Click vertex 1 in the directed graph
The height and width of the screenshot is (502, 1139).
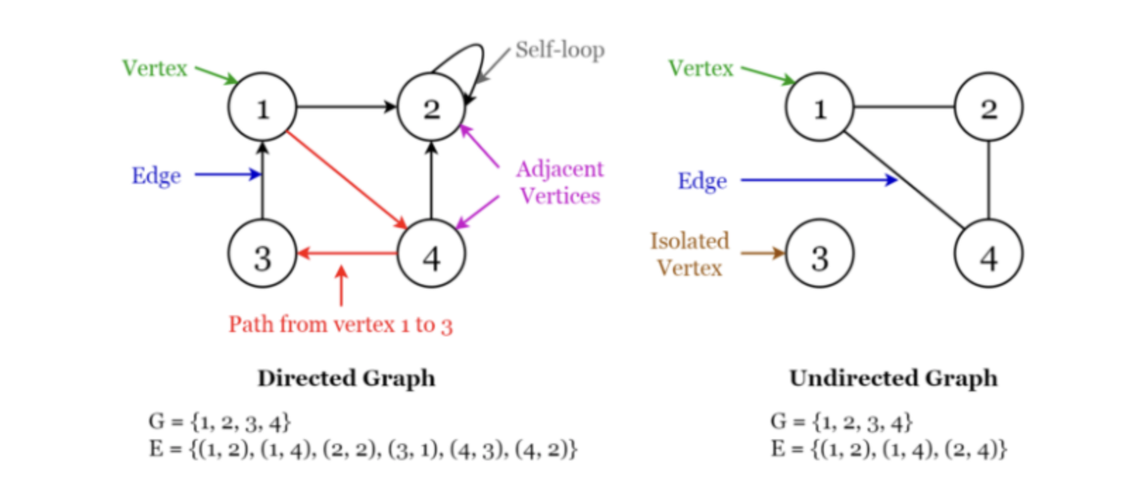pyautogui.click(x=262, y=107)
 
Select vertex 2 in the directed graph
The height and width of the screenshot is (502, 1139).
pyautogui.click(x=431, y=107)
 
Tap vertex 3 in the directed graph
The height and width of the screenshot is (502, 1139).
pyautogui.click(x=262, y=255)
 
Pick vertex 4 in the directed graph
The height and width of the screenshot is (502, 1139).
pyautogui.click(x=431, y=255)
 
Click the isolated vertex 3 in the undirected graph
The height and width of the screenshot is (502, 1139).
pyautogui.click(x=819, y=255)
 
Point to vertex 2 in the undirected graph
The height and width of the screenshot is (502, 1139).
pyautogui.click(x=988, y=107)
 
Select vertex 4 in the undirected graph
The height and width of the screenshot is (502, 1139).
pyautogui.click(x=988, y=255)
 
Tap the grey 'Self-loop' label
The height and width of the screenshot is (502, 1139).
pyautogui.click(x=560, y=50)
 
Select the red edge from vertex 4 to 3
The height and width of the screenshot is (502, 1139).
pyautogui.click(x=347, y=253)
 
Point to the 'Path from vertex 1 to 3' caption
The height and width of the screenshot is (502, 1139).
pyautogui.click(x=340, y=324)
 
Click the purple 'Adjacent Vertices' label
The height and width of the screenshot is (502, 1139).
pyautogui.click(x=560, y=182)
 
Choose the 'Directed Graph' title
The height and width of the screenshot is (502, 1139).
pyautogui.click(x=346, y=378)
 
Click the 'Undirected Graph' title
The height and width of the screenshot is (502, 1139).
pyautogui.click(x=893, y=378)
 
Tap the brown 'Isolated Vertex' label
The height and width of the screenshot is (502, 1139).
pyautogui.click(x=689, y=254)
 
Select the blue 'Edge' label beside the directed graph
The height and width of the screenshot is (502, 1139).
pyautogui.click(x=156, y=176)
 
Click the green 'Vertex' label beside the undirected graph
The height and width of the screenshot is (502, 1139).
pyautogui.click(x=701, y=68)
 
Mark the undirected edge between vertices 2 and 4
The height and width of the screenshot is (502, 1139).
pyautogui.click(x=988, y=180)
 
